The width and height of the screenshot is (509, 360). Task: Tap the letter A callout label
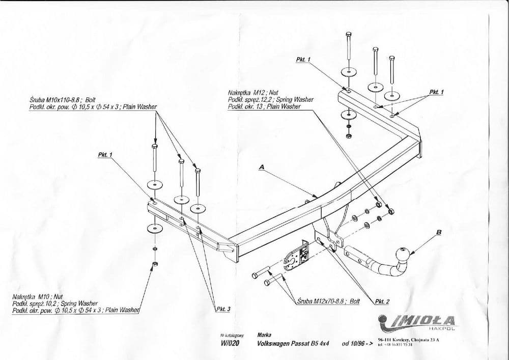[262, 167]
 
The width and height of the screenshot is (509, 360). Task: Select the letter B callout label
[439, 232]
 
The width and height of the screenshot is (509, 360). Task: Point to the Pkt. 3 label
[223, 309]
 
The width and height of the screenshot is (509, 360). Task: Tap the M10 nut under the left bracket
[155, 264]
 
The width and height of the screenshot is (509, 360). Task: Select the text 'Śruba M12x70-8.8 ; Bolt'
[328, 301]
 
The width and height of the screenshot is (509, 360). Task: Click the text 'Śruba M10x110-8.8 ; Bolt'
[63, 101]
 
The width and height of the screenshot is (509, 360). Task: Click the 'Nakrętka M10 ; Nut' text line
[37, 296]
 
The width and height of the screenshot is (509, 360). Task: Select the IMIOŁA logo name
[425, 320]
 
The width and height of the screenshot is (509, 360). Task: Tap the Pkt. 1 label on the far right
[436, 92]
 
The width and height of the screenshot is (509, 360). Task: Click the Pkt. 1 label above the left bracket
[105, 154]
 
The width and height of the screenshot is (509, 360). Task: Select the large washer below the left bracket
[154, 228]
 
